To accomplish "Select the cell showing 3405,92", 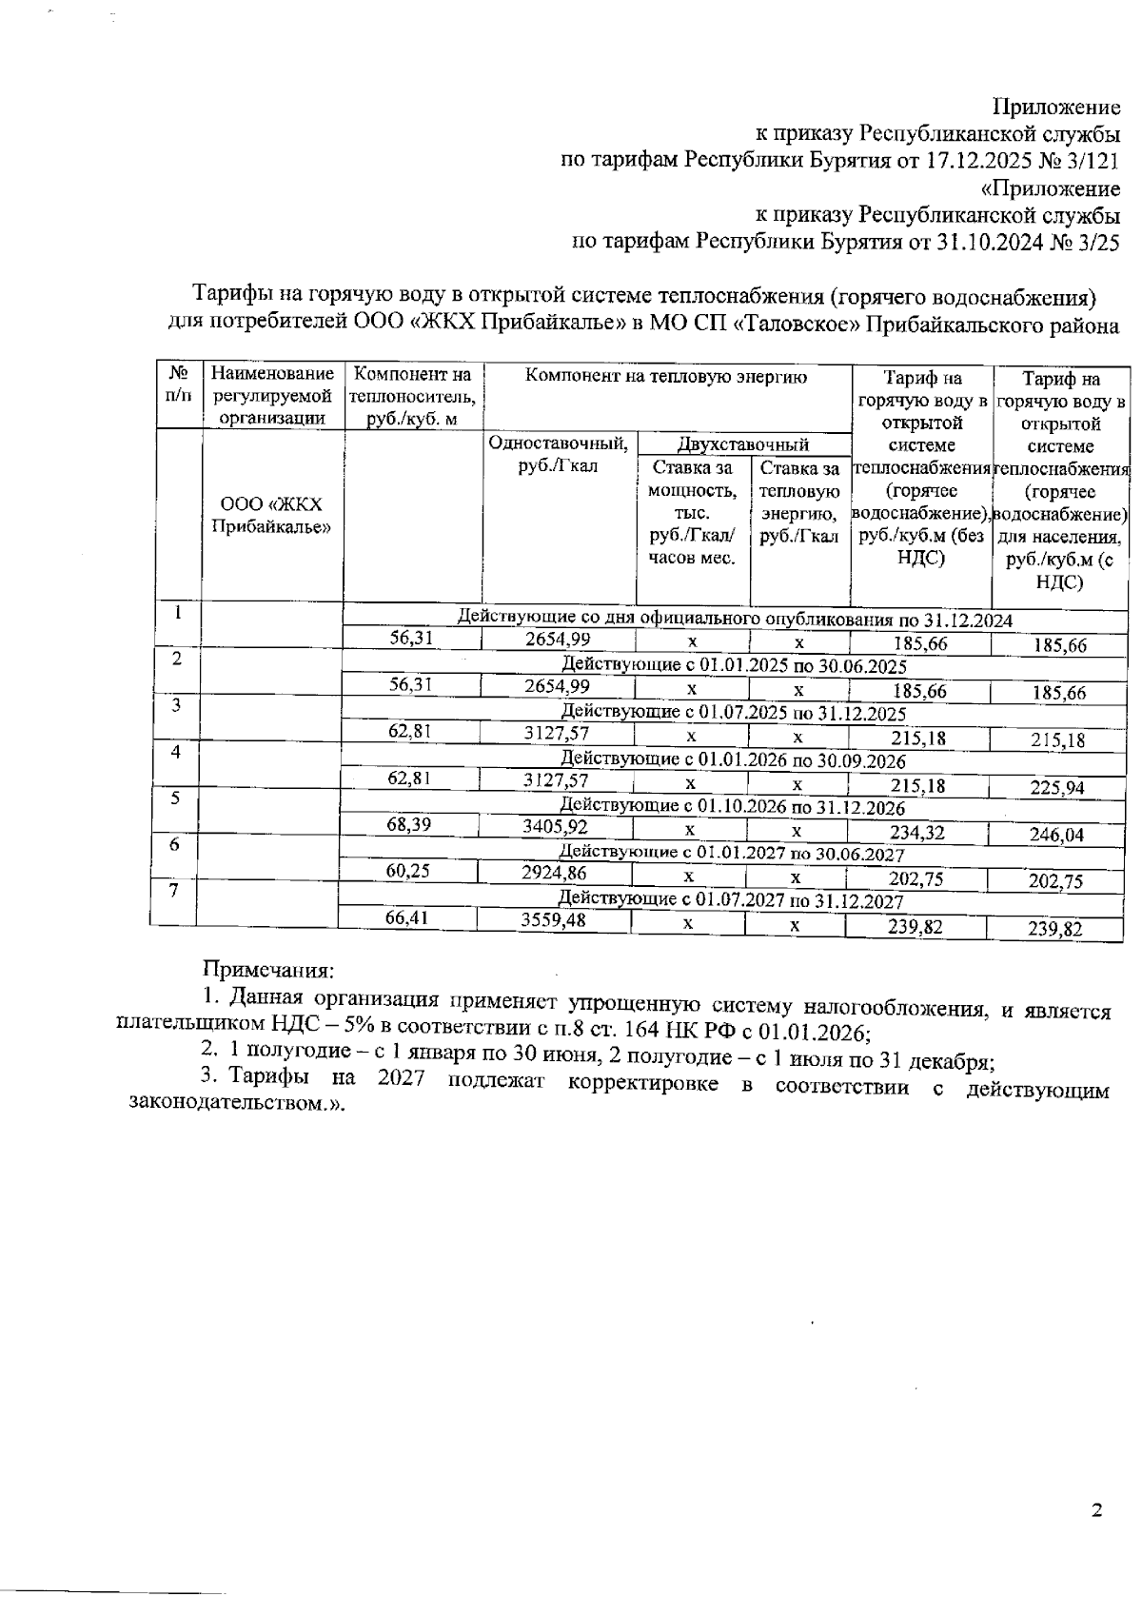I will coord(555,826).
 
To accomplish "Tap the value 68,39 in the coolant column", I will coord(410,824).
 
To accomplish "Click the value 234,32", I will coord(916,832).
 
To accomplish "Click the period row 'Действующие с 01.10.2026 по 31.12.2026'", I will coord(731,807).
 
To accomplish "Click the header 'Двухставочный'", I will coord(742,443).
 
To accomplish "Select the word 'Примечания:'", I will coord(267,971).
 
